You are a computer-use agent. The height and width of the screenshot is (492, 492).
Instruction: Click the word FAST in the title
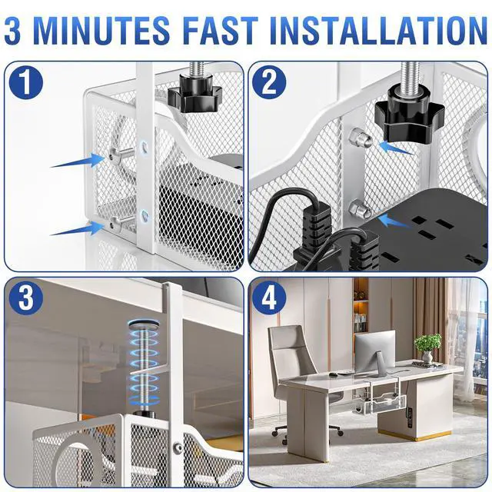(x=221, y=31)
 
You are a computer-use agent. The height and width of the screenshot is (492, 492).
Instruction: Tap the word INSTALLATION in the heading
(x=379, y=31)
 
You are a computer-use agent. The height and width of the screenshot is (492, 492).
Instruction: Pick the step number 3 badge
(x=26, y=298)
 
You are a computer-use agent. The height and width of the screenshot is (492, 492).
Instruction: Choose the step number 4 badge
(x=269, y=298)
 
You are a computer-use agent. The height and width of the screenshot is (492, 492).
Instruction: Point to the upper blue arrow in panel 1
(x=77, y=161)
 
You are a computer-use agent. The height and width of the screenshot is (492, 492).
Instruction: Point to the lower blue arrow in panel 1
(x=77, y=228)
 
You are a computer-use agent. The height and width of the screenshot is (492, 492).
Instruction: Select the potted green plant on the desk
(x=427, y=348)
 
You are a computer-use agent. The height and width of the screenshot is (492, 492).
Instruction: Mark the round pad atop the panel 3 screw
(x=144, y=324)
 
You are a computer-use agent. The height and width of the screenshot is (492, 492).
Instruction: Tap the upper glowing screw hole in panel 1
(x=144, y=146)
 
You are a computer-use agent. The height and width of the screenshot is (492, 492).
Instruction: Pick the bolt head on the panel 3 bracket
(x=178, y=447)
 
